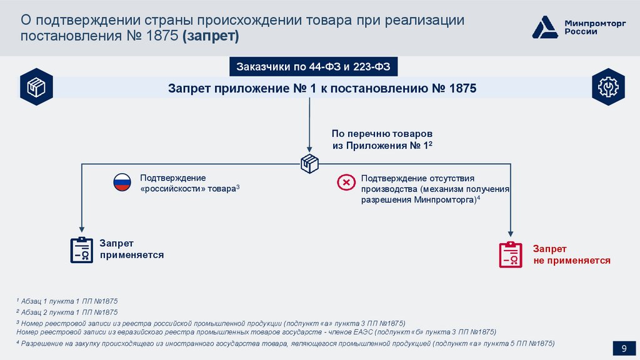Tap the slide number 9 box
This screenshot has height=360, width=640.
[623, 349]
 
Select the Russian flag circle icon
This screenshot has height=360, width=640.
[121, 182]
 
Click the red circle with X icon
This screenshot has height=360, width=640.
[345, 182]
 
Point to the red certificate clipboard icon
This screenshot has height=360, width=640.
[511, 254]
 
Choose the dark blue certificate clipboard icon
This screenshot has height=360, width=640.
[81, 249]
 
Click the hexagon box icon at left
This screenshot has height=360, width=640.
[36, 87]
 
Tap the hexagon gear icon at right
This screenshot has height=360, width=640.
[606, 87]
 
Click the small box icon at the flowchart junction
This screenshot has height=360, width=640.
[309, 163]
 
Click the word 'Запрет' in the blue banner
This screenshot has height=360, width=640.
[190, 88]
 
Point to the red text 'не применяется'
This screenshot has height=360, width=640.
[572, 260]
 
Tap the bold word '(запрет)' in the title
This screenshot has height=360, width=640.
[211, 36]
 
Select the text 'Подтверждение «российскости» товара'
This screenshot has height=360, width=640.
[189, 183]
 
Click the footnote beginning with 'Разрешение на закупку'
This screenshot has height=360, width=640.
[285, 344]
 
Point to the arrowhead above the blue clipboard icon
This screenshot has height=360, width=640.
[81, 231]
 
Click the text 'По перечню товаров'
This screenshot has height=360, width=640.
[382, 134]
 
